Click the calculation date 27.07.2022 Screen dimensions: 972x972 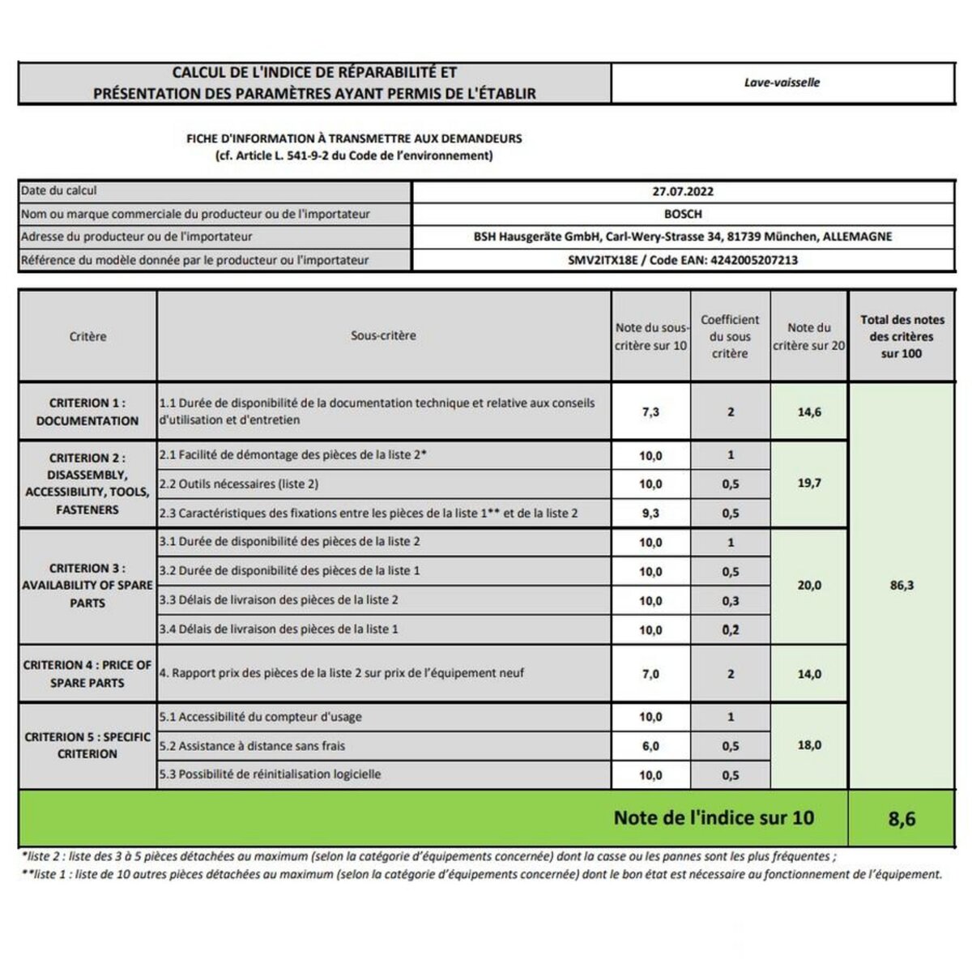point(683,192)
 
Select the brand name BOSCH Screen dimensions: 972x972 point(683,215)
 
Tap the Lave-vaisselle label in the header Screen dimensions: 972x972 point(782,83)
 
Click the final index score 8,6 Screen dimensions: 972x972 point(902,819)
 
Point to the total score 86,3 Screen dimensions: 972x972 point(902,586)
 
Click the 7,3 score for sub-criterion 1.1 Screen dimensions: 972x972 point(650,412)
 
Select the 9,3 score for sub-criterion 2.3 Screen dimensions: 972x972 point(650,514)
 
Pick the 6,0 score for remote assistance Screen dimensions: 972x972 point(650,746)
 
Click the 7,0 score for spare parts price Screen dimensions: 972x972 point(650,674)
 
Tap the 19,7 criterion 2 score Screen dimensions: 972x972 point(809,484)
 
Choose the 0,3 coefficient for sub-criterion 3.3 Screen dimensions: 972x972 point(731,601)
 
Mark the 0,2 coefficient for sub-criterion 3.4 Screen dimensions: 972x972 point(731,630)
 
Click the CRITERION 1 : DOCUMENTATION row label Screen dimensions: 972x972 point(87,412)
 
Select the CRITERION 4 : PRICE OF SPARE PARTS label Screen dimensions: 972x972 point(87,674)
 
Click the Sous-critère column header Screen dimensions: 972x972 point(383,336)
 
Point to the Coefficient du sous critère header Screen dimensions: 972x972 point(730,337)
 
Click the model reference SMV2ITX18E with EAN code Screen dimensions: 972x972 point(683,261)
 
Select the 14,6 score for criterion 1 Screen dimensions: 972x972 point(809,412)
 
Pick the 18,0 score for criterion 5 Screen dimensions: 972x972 point(809,745)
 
